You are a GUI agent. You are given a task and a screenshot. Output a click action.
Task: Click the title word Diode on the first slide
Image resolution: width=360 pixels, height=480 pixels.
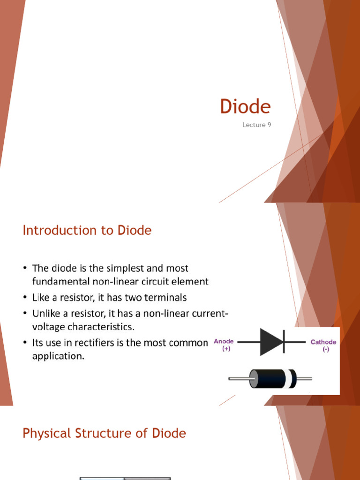(x=245, y=107)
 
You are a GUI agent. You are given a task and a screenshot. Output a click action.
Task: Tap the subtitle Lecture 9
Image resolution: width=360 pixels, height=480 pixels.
(x=256, y=125)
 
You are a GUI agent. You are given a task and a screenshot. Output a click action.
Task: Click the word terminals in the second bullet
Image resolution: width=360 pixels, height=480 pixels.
(x=162, y=298)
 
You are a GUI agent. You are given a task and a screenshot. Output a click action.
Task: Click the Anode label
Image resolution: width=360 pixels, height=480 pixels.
(x=224, y=341)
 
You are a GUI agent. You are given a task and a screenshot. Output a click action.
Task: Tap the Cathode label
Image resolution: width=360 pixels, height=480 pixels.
(x=323, y=342)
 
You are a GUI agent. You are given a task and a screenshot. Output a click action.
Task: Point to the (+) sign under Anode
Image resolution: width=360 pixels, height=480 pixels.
(x=226, y=350)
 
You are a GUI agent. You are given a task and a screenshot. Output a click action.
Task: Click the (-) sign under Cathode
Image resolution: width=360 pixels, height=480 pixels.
(x=325, y=350)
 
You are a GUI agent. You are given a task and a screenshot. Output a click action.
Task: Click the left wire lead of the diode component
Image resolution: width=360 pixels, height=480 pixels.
(x=239, y=378)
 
